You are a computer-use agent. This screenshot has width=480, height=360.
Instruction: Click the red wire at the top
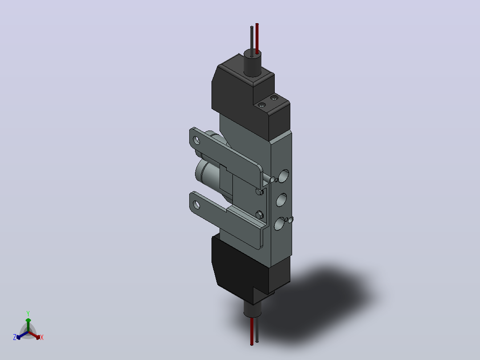click(x=257, y=38)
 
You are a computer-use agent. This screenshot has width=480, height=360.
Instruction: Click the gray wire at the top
click(x=252, y=41)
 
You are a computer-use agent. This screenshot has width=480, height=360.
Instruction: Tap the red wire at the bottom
click(x=252, y=331)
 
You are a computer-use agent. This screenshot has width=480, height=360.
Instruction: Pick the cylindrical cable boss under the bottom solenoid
click(x=252, y=310)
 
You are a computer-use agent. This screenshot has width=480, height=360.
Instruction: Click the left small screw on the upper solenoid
click(x=262, y=105)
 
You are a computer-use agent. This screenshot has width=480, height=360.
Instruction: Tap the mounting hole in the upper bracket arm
click(x=196, y=140)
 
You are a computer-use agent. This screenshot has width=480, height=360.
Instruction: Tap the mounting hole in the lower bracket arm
click(x=196, y=205)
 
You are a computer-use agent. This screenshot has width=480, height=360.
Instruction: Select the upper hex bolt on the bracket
click(x=260, y=192)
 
